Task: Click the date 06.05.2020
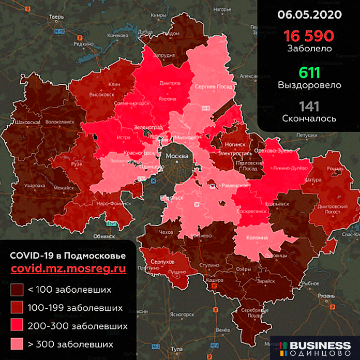[309, 14]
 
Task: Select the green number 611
[309, 72]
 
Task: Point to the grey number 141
[309, 106]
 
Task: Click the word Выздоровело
[309, 85]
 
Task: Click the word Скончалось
[309, 118]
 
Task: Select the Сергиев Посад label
[212, 87]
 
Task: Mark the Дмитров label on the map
[170, 82]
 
